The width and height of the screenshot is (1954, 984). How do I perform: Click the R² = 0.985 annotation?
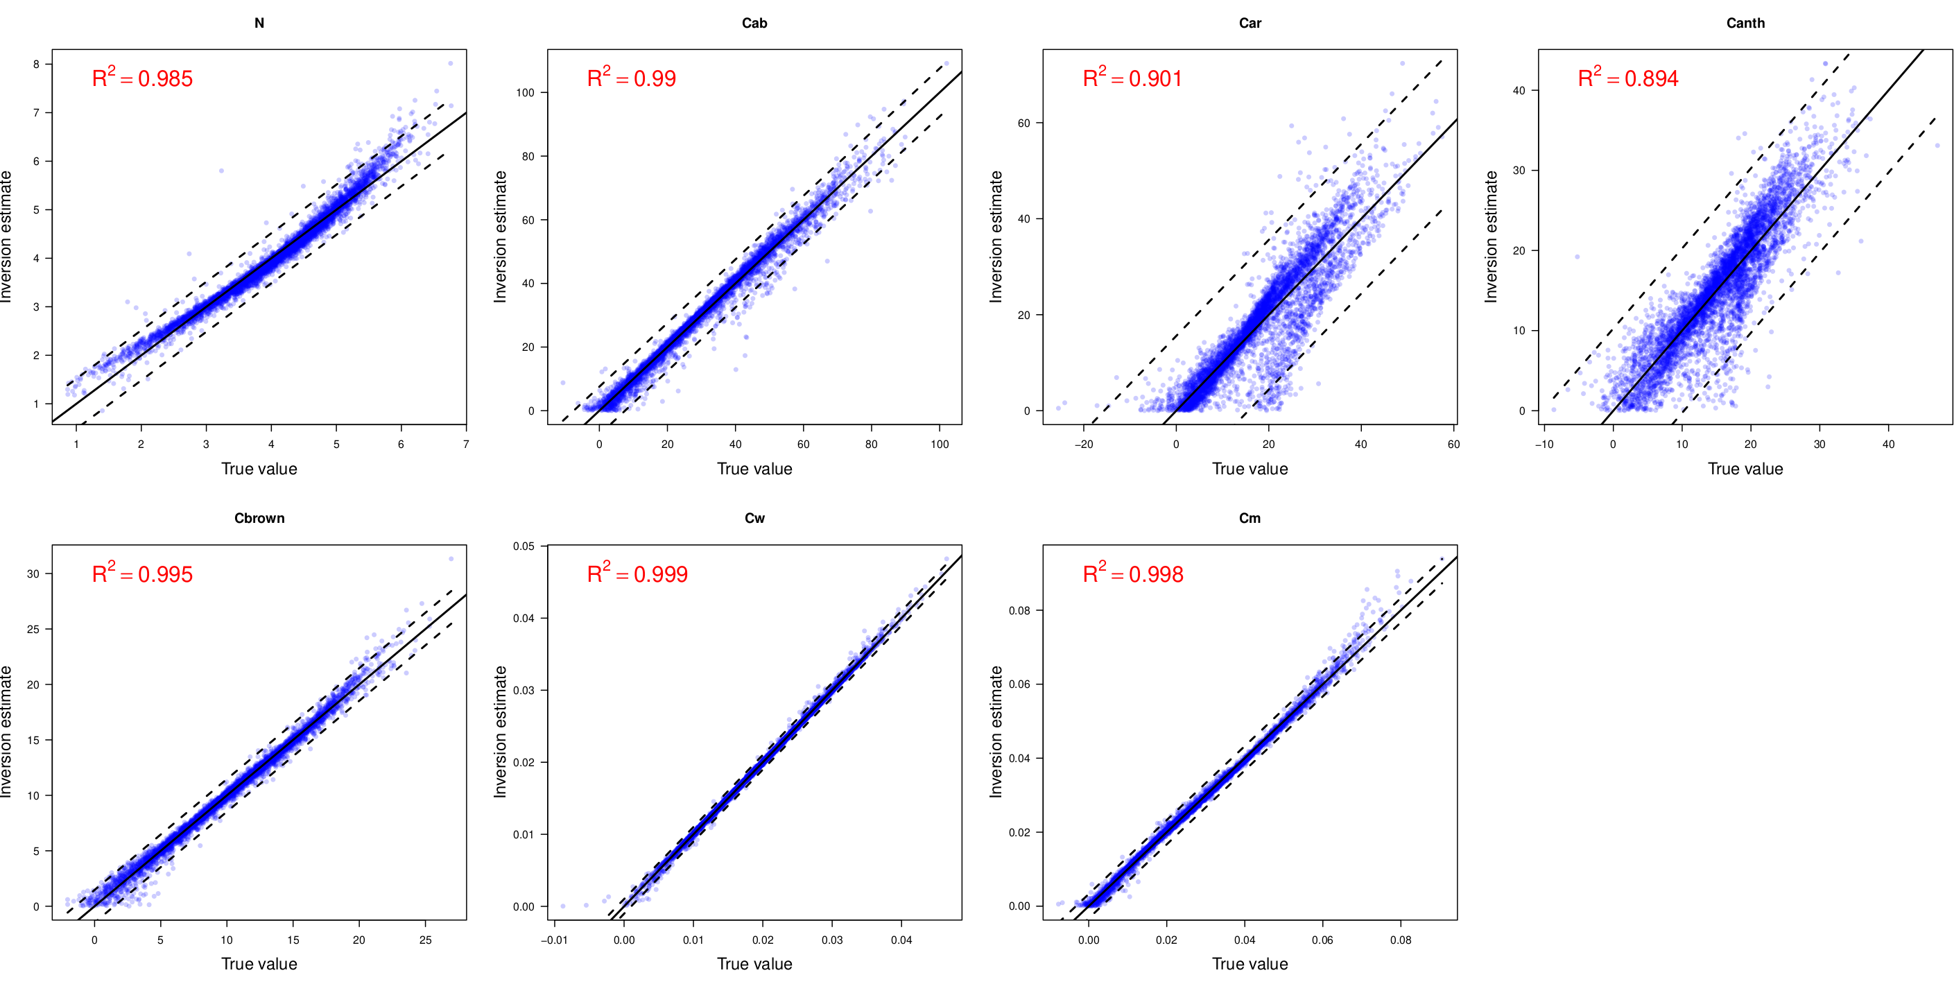coord(142,78)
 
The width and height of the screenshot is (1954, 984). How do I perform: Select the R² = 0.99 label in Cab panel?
coord(631,78)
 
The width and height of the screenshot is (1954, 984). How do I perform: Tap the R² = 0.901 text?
coord(1132,78)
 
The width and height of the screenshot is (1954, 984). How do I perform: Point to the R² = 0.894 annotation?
coord(1628,78)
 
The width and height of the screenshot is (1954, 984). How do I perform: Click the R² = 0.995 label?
coord(142,573)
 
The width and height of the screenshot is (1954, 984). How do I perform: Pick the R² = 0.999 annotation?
coord(637,573)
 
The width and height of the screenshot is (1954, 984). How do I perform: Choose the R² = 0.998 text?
coord(1132,573)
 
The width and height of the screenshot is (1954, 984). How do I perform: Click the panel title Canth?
coord(1745,23)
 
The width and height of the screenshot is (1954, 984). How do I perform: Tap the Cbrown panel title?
coord(259,518)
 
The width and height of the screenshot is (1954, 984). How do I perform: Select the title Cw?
coord(754,518)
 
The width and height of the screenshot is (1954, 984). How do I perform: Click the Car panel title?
coord(1250,23)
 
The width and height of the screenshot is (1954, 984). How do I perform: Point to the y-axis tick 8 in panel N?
coord(37,64)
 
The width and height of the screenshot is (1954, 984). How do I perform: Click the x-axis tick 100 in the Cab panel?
coord(940,444)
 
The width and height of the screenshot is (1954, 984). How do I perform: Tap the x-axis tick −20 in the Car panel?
coord(1084,444)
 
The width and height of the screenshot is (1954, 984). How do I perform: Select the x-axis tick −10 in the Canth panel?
coord(1544,444)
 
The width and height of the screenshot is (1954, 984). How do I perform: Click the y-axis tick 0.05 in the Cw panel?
coord(524,546)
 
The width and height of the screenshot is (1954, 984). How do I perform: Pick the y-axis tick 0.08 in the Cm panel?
coord(1019,611)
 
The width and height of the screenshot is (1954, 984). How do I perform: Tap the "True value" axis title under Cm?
coord(1250,963)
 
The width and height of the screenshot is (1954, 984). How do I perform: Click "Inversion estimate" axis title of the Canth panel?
coord(1492,236)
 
